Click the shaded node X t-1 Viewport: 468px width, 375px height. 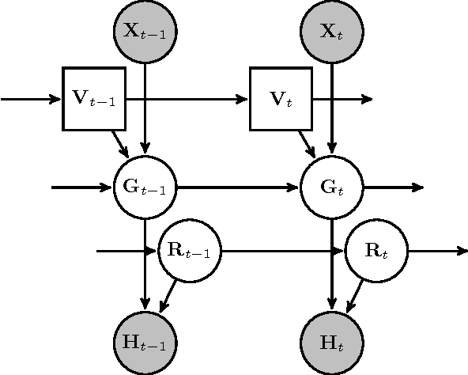click(145, 32)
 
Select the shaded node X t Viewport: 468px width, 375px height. click(332, 32)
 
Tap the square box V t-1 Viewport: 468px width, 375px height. click(94, 100)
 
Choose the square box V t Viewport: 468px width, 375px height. click(281, 100)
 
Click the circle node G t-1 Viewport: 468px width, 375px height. click(145, 188)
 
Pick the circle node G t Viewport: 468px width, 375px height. click(332, 188)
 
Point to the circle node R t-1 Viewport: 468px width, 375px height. click(191, 252)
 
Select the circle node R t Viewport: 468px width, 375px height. click(377, 252)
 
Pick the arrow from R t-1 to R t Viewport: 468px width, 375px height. click(283, 252)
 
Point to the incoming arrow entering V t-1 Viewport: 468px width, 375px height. click(32, 100)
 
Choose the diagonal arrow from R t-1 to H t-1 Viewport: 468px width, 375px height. click(169, 295)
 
